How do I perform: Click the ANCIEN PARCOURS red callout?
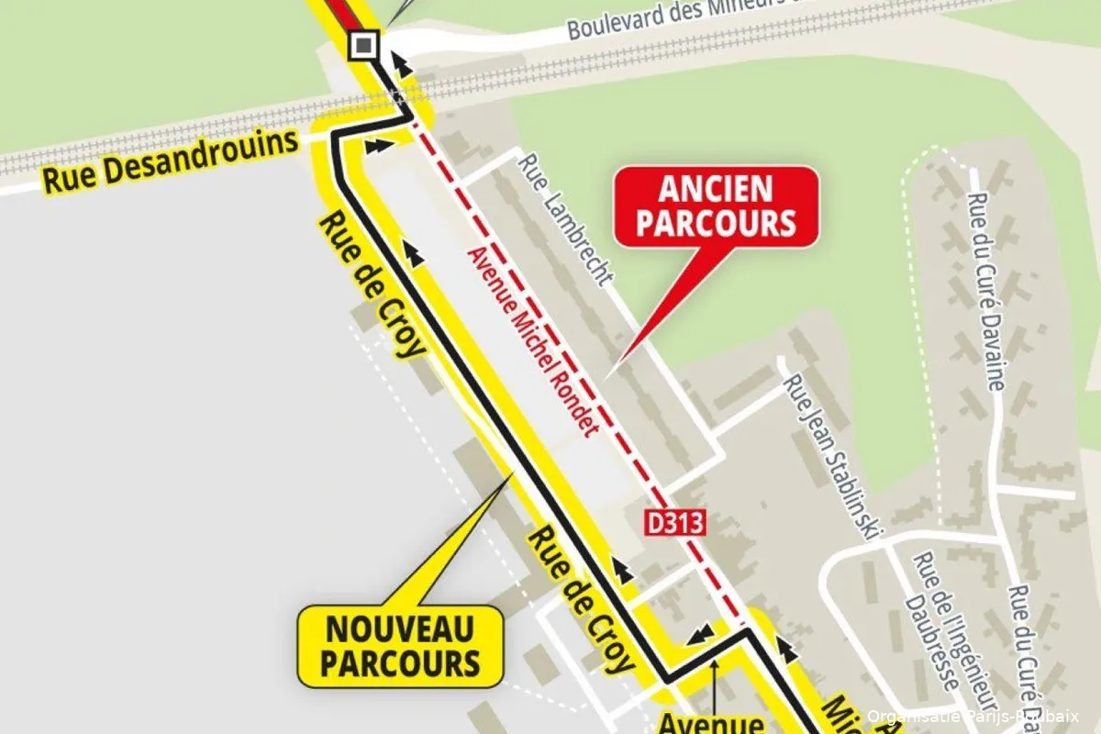[x=716, y=206]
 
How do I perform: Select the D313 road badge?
[x=674, y=523]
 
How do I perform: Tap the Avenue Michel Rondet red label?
[x=532, y=341]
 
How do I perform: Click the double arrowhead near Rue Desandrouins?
[x=376, y=144]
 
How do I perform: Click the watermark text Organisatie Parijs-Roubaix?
[x=973, y=717]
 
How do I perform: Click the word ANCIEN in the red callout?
[x=716, y=190]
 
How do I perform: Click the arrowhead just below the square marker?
[x=399, y=62]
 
